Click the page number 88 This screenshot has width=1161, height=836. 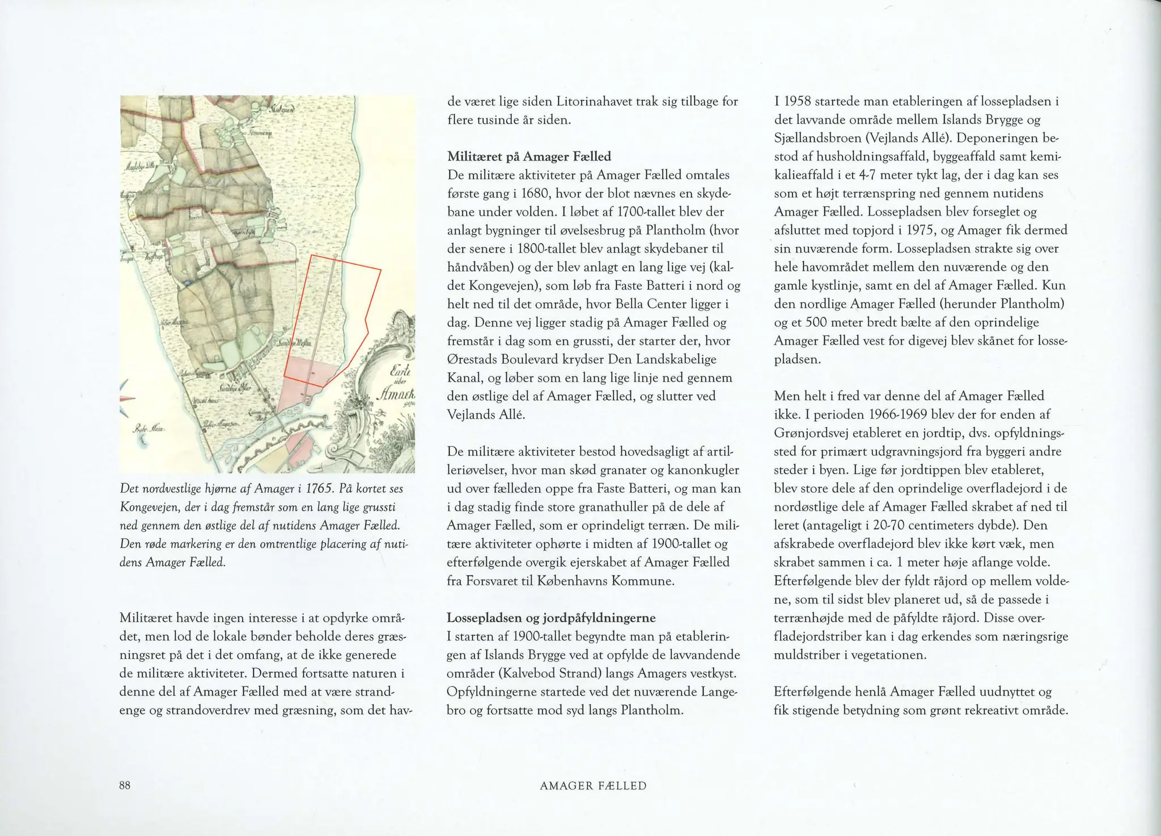click(x=125, y=786)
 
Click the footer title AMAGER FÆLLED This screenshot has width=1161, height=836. click(x=593, y=786)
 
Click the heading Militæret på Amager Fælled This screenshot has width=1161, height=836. click(x=529, y=156)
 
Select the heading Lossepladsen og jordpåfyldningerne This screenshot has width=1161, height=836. click(x=551, y=618)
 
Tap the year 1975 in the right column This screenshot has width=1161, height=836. click(x=922, y=230)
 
